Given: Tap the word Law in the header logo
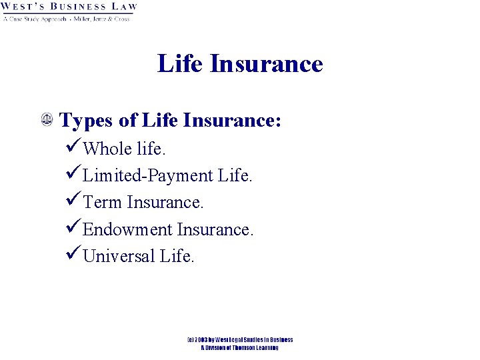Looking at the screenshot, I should (123, 7).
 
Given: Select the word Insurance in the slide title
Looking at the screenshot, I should (266, 64).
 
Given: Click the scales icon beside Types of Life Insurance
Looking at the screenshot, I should (48, 121).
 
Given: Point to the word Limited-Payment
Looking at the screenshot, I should (147, 176).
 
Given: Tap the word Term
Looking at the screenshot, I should (103, 203).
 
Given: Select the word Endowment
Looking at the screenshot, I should (127, 230).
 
